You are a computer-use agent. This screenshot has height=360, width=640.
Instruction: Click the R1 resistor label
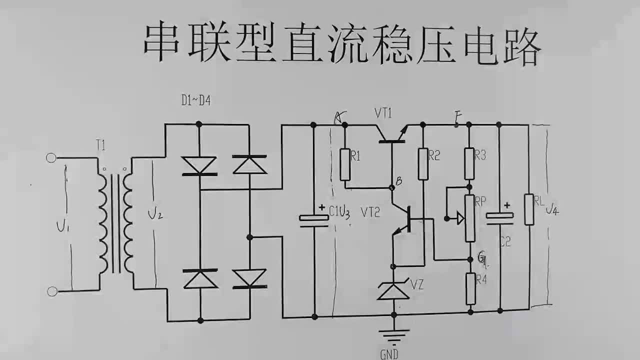tap(355, 156)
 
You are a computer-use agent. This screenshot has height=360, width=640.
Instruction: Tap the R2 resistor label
tap(434, 155)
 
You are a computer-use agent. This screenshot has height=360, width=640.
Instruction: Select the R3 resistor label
tap(480, 155)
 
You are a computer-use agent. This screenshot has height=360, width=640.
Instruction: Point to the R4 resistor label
tap(481, 279)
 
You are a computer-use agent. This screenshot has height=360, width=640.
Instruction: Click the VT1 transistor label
tap(383, 113)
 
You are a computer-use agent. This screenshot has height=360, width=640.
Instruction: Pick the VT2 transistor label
tap(370, 212)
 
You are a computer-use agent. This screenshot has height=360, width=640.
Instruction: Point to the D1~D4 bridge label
tap(196, 100)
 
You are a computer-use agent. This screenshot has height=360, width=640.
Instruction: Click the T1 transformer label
tap(100, 146)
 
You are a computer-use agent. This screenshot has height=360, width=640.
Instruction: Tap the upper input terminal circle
tap(51, 158)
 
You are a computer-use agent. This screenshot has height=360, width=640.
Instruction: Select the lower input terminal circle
tap(52, 291)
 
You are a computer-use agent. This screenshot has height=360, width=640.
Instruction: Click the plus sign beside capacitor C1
tap(322, 207)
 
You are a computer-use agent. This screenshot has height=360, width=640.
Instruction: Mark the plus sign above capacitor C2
tap(507, 205)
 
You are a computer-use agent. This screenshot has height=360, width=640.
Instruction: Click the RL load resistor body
tap(529, 209)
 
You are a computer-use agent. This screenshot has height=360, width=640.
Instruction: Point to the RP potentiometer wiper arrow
tap(460, 218)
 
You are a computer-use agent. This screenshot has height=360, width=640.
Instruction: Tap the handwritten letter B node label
tap(399, 181)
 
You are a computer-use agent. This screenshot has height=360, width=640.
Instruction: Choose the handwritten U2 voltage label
tap(155, 214)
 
